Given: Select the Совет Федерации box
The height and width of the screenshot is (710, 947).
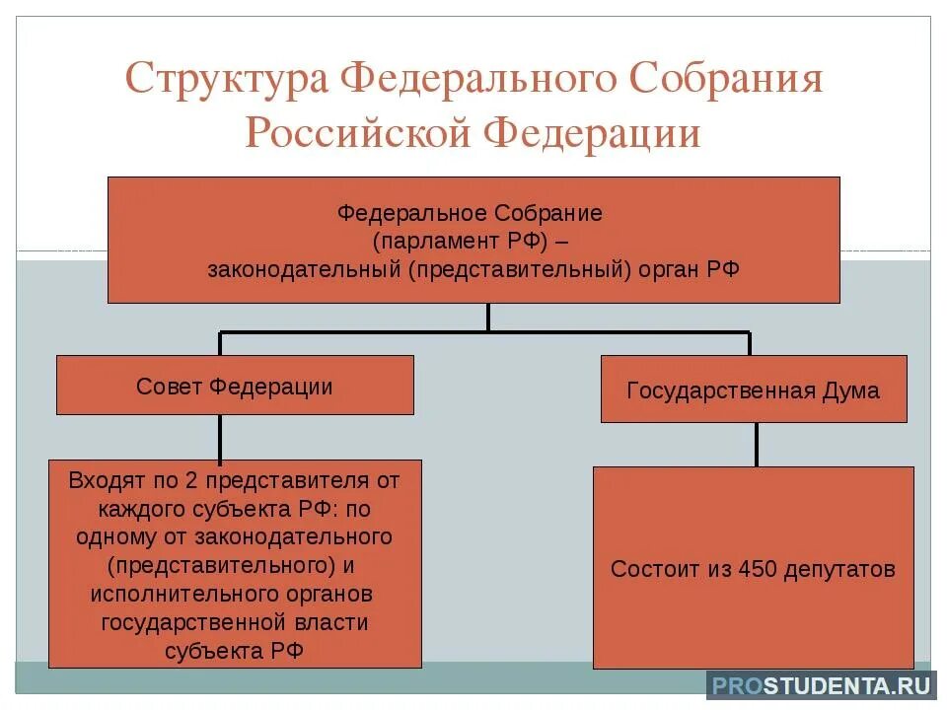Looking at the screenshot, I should tap(235, 386).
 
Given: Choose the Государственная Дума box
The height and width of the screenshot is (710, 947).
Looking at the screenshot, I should tap(753, 390).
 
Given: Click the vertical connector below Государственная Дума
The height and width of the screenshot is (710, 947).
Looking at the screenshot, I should tap(757, 444).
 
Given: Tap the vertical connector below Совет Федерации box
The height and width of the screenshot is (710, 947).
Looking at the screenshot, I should tap(219, 437).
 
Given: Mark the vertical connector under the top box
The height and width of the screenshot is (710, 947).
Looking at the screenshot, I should tap(487, 317).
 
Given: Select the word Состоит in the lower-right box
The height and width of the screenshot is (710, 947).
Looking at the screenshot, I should tap(651, 570).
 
